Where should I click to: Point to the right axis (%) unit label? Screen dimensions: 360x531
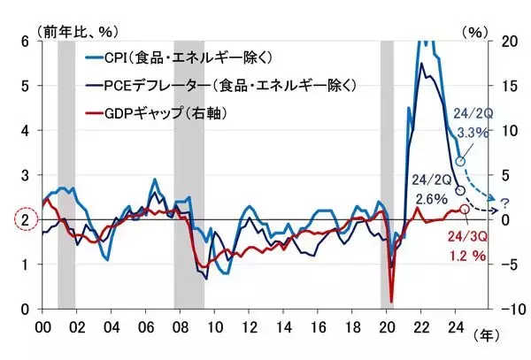[475, 30]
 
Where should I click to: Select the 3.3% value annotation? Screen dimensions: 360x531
[473, 133]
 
